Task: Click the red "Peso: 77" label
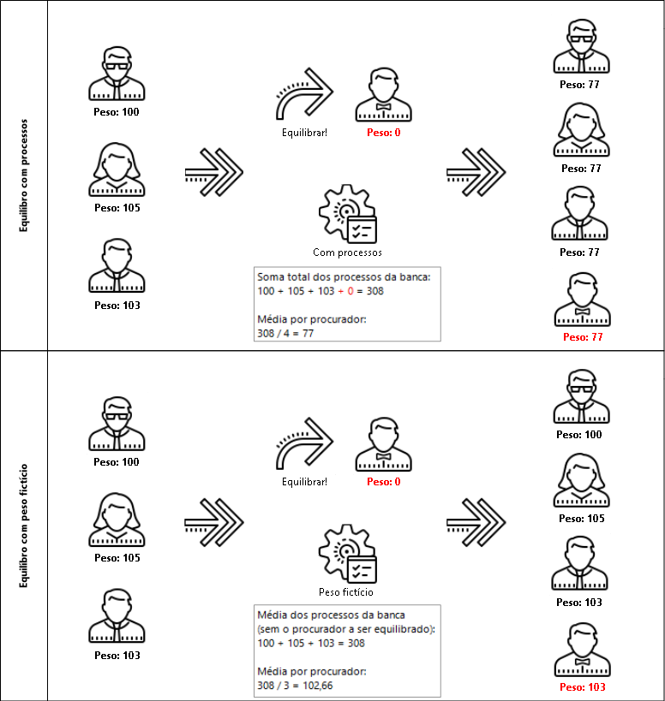pos(583,337)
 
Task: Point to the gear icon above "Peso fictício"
pos(348,554)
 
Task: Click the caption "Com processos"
pos(347,252)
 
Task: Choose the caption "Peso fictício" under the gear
pos(346,591)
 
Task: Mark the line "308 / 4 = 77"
pos(286,333)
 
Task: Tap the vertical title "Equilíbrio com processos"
pos(24,175)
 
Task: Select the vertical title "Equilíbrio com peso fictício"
pos(24,524)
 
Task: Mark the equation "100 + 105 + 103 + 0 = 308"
pos(321,291)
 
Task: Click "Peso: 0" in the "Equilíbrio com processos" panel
pos(384,133)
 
